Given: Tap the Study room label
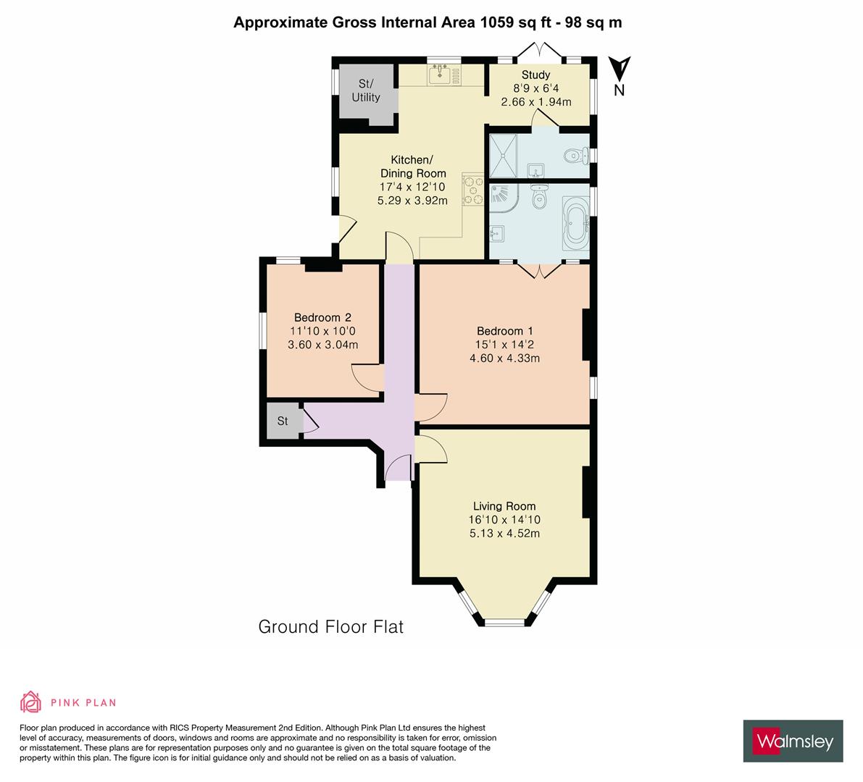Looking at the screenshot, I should pos(535,75).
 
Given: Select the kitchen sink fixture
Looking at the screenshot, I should pos(439,73).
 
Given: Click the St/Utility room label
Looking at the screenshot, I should pos(366,91).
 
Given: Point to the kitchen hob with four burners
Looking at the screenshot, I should pos(473,190).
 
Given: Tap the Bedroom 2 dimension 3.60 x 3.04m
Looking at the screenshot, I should pos(323,345).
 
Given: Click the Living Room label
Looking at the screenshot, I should pos(504,506).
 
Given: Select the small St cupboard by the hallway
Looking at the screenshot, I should pos(283,421).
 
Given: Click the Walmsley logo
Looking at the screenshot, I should pos(793,741).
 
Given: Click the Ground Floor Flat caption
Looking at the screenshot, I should pos(330,626).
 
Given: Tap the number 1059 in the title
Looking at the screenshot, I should pos(496,22).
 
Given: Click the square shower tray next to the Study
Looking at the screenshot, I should pos(504,155).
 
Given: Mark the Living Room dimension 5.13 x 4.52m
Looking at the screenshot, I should pos(504,534).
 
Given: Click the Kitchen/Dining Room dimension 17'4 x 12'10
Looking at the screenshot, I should pos(413,187).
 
